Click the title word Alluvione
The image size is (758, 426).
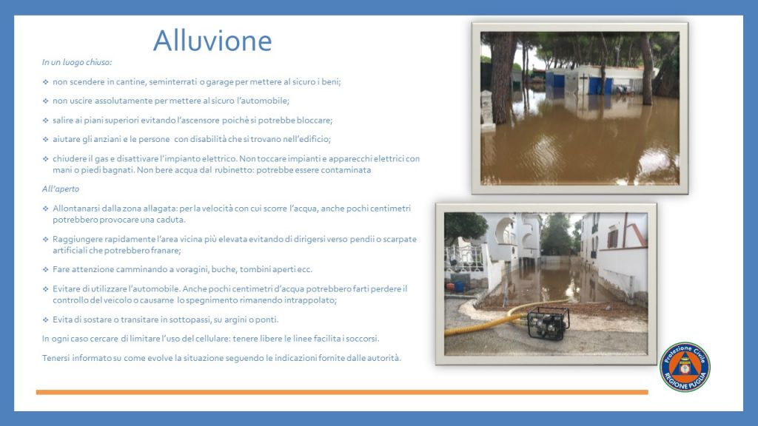pos(212,41)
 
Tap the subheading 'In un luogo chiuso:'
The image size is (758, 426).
pos(77,62)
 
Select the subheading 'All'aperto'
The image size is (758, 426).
pos(61,189)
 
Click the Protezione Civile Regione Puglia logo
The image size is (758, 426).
pos(685,367)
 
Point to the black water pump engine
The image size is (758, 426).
pos(549,322)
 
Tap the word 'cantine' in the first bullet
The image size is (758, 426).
pos(130,82)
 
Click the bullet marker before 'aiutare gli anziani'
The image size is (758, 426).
pos(45,139)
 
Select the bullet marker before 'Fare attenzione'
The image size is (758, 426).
pos(45,269)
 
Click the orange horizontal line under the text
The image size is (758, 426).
pos(342,392)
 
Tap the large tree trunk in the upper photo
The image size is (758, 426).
pos(500,77)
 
